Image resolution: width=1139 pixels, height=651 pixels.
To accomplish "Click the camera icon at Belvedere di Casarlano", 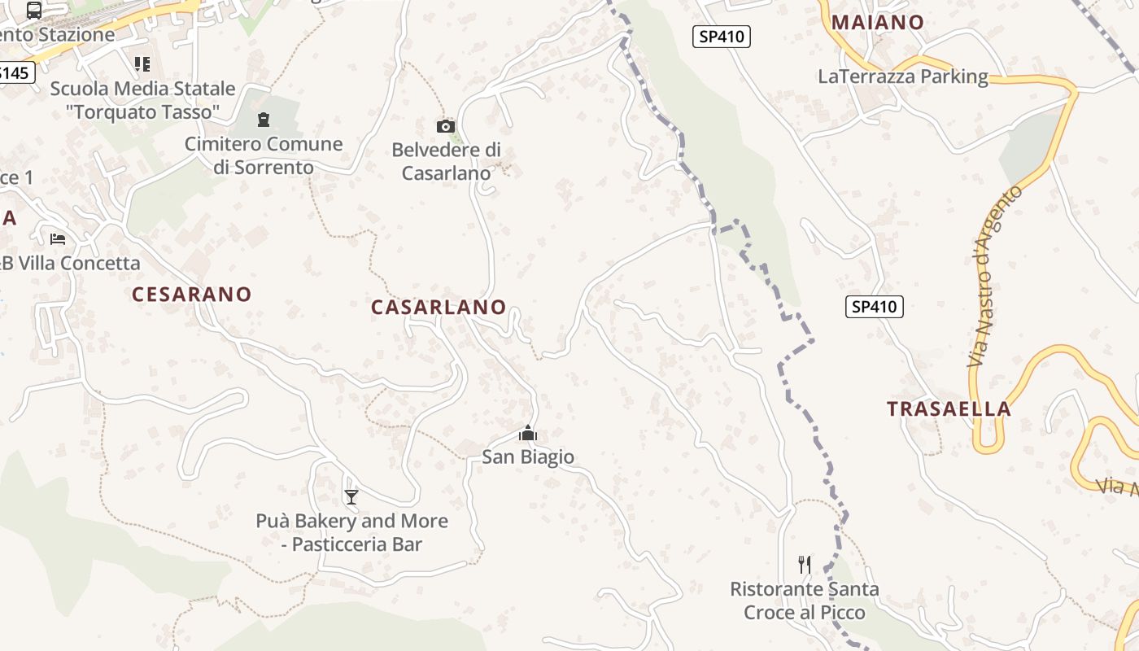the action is click(x=445, y=126).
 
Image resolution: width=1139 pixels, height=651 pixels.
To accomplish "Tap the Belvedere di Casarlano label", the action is click(x=447, y=161).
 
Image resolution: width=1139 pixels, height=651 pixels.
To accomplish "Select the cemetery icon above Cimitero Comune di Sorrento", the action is click(x=263, y=120).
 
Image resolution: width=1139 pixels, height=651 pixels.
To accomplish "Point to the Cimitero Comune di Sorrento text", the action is click(x=264, y=155).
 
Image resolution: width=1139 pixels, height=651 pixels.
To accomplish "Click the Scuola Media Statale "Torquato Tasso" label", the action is click(x=142, y=100).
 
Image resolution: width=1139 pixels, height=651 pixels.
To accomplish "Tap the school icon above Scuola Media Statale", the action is click(x=142, y=63).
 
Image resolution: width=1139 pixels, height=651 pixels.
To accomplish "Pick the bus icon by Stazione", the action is click(x=34, y=11).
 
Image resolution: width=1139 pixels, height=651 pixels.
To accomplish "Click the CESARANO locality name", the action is click(x=192, y=295).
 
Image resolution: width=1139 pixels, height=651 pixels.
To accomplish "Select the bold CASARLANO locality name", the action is click(x=439, y=308).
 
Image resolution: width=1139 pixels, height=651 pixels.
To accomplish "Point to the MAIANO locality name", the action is click(x=878, y=23).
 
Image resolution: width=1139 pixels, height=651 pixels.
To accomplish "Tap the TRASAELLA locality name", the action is click(x=949, y=409).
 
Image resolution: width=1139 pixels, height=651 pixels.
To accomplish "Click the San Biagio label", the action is click(x=528, y=457).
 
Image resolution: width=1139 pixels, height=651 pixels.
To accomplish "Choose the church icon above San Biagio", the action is click(x=528, y=433).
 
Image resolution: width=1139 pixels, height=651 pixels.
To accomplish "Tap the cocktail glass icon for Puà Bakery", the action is click(x=351, y=496).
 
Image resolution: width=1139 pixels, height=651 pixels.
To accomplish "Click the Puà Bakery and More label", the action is click(x=352, y=532).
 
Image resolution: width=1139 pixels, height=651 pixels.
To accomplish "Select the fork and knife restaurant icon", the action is click(x=805, y=564).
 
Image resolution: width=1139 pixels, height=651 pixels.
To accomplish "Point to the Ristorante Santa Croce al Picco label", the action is click(x=805, y=600).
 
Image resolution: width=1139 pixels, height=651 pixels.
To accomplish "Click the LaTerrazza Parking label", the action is click(x=903, y=77).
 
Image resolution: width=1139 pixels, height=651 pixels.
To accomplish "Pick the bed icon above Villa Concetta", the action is click(x=58, y=238).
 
